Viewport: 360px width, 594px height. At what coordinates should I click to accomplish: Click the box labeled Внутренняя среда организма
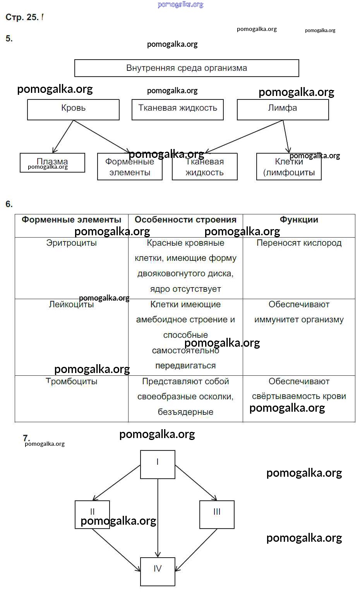[x=186, y=68]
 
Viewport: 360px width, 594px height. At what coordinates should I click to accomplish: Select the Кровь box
[x=73, y=109]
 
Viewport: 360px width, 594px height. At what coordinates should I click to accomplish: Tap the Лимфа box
[x=283, y=109]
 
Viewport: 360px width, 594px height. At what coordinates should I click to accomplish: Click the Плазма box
[x=52, y=163]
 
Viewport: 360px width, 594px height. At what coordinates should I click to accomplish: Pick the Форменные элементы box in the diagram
[x=130, y=167]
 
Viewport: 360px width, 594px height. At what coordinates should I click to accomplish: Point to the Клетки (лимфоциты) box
[x=289, y=167]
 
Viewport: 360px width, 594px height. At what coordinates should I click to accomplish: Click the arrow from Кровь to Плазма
[x=63, y=136]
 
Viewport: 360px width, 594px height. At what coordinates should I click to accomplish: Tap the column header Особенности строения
[x=185, y=220]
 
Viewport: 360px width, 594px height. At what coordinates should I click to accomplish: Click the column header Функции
[x=299, y=220]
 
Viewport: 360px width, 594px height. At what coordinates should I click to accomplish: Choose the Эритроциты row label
[x=71, y=243]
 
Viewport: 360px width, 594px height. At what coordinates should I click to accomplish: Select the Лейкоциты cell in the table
[x=71, y=305]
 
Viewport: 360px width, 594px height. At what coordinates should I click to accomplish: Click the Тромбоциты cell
[x=71, y=382]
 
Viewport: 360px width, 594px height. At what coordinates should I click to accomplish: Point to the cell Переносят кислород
[x=299, y=243]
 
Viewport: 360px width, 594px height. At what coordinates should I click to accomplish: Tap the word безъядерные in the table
[x=185, y=412]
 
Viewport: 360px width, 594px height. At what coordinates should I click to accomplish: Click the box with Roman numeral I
[x=158, y=464]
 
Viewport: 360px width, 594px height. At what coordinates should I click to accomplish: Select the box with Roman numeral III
[x=217, y=514]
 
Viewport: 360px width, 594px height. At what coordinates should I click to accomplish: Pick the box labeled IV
[x=158, y=571]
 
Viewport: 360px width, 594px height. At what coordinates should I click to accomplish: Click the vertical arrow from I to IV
[x=158, y=519]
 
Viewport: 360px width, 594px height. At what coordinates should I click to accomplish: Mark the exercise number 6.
[x=9, y=204]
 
